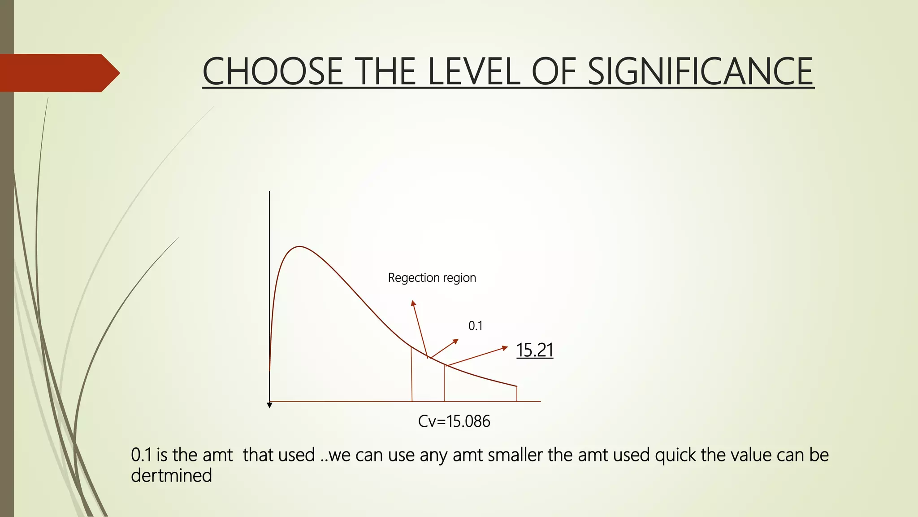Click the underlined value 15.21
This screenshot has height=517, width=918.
pos(534,350)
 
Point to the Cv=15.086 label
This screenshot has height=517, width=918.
pos(454,421)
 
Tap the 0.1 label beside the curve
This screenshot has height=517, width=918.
pos(475,326)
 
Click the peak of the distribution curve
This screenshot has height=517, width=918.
pos(299,247)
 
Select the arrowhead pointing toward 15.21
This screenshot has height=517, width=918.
pos(505,347)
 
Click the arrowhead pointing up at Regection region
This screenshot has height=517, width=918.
pos(413,304)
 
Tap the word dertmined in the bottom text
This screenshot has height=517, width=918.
pos(171,476)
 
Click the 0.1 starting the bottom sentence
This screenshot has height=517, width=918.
pos(141,455)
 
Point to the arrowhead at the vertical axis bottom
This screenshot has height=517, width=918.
pos(269,405)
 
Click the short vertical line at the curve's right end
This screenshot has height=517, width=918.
pos(517,394)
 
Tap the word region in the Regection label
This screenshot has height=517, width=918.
pos(459,278)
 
